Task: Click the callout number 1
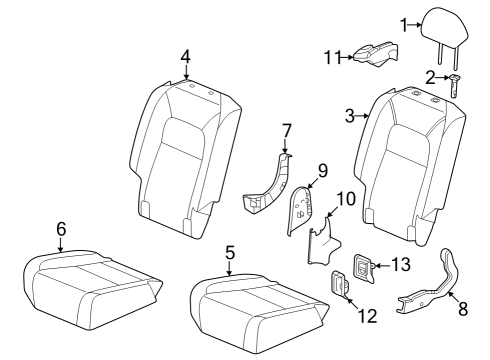(x=405, y=24)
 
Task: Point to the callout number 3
(x=351, y=117)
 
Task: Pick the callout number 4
(x=185, y=56)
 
